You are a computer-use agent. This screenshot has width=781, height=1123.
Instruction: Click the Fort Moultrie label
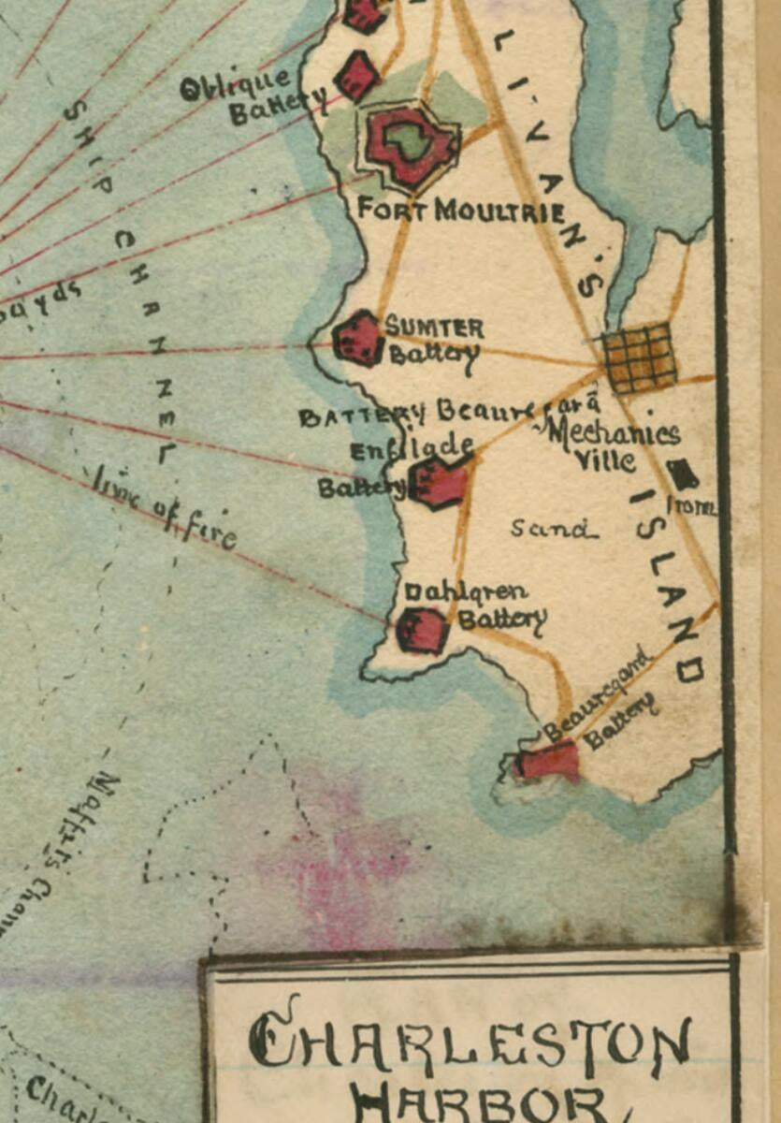click(460, 210)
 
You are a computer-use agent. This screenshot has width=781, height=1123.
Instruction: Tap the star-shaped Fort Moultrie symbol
click(408, 142)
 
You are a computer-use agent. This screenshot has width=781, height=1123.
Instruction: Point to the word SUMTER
click(435, 328)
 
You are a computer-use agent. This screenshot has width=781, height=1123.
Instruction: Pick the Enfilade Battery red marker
click(439, 483)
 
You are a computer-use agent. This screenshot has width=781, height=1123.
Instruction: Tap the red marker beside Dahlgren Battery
click(422, 630)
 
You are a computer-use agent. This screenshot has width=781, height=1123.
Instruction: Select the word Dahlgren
click(465, 591)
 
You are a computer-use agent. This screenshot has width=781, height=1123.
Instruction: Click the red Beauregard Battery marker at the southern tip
click(549, 762)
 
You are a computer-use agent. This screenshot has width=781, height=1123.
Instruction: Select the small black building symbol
click(683, 474)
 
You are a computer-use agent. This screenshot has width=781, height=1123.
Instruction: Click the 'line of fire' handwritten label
click(164, 511)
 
